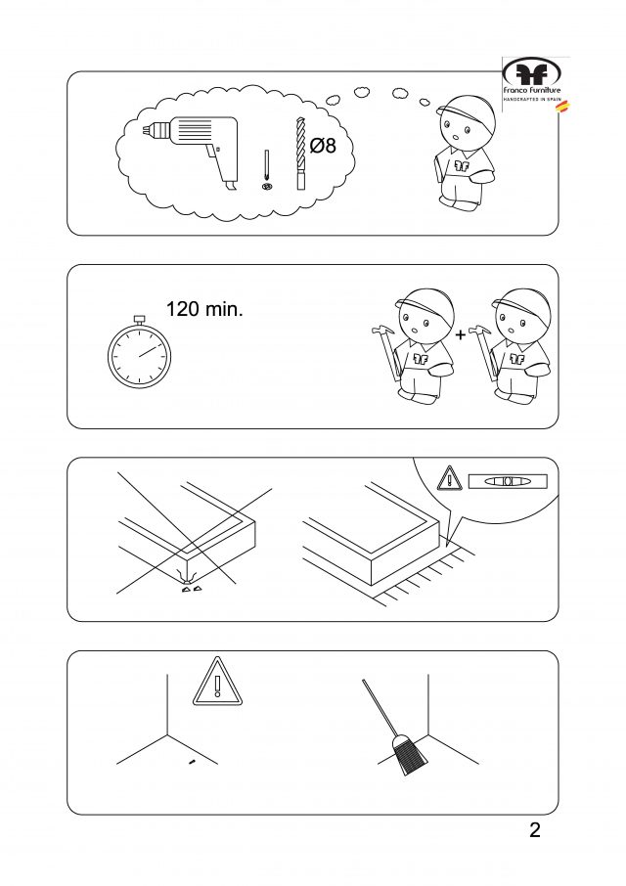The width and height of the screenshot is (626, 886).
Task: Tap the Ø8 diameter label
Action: tap(323, 145)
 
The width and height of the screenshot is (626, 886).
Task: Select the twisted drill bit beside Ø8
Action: tap(300, 154)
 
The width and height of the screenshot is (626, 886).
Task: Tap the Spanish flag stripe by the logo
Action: tap(563, 108)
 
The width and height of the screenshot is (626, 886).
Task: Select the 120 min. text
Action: tap(204, 309)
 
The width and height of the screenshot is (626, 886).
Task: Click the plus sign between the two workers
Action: tap(461, 335)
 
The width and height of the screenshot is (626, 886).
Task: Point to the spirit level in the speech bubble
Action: tap(508, 481)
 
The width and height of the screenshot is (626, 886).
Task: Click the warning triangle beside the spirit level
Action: tap(450, 479)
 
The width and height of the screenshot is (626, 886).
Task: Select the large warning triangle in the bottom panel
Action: tap(217, 684)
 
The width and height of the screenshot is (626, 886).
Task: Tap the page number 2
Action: tap(535, 830)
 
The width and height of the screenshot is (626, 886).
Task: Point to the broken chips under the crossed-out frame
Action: tap(190, 590)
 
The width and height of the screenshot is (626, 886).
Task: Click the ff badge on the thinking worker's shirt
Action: tap(462, 165)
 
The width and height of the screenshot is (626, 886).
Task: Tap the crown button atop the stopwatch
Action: tap(139, 320)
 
